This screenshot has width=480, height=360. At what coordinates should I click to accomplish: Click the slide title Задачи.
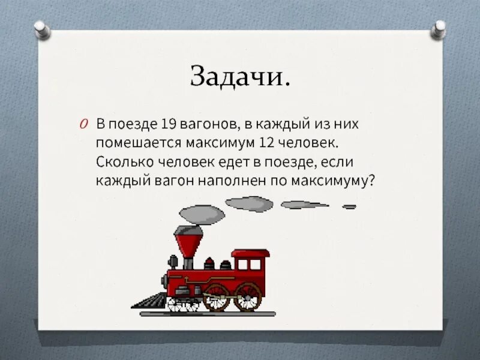pyautogui.click(x=241, y=76)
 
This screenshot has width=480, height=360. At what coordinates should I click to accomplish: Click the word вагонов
pyautogui.click(x=209, y=125)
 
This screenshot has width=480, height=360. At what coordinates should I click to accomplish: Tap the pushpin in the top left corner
pyautogui.click(x=41, y=28)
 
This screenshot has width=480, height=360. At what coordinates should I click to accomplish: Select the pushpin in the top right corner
pyautogui.click(x=440, y=28)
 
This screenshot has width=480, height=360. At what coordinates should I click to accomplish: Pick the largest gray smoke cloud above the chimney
pyautogui.click(x=200, y=215)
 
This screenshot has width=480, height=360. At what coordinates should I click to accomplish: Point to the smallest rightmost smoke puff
pyautogui.click(x=349, y=206)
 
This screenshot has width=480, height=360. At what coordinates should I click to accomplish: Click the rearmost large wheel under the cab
pyautogui.click(x=247, y=296)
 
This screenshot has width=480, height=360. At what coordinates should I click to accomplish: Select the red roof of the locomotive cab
pyautogui.click(x=251, y=253)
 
